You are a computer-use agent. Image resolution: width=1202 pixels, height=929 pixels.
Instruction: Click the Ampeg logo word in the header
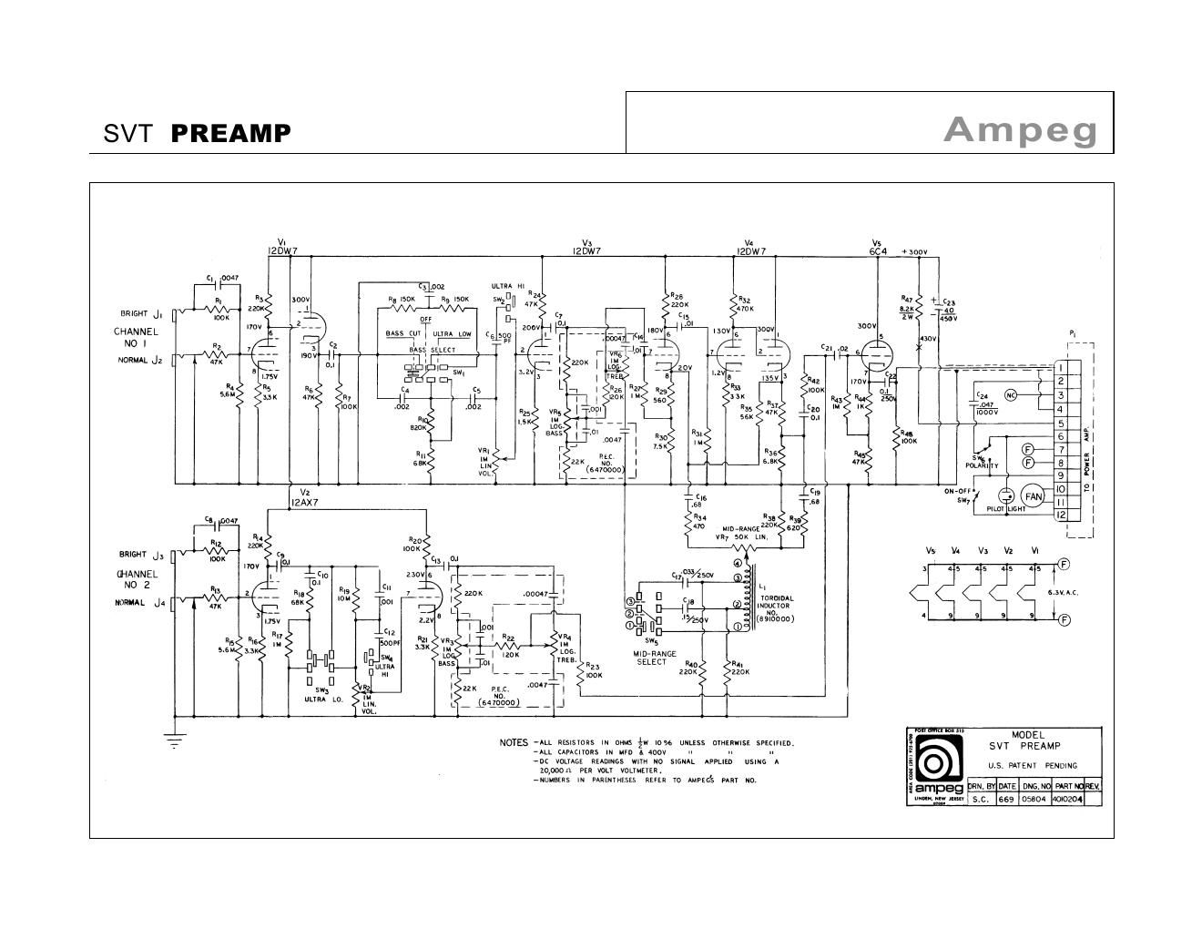pyautogui.click(x=1020, y=130)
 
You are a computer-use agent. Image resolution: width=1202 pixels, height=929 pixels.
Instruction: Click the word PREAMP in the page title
pyautogui.click(x=231, y=134)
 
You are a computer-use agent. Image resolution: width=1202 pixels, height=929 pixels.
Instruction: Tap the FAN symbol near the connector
pyautogui.click(x=1033, y=496)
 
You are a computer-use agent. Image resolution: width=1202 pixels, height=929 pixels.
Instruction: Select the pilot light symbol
pyautogui.click(x=1006, y=496)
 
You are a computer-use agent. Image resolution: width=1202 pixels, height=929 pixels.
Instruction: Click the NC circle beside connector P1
pyautogui.click(x=1010, y=394)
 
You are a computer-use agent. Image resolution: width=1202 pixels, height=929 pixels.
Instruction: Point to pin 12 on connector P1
pyautogui.click(x=1061, y=515)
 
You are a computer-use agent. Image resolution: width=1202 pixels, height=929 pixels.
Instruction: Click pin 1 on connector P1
pyautogui.click(x=1061, y=368)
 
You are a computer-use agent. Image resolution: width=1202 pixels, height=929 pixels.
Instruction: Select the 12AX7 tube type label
pyautogui.click(x=306, y=502)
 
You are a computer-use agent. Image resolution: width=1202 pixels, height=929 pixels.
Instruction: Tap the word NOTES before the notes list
pyautogui.click(x=514, y=742)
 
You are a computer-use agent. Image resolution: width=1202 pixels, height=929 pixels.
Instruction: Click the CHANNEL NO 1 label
pyautogui.click(x=136, y=338)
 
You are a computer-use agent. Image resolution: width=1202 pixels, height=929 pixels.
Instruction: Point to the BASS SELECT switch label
pyautogui.click(x=432, y=351)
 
